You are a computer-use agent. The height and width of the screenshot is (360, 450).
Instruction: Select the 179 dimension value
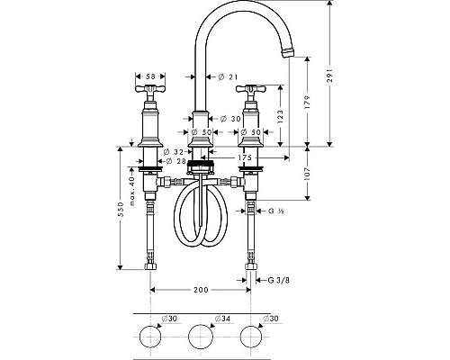tap(307, 102)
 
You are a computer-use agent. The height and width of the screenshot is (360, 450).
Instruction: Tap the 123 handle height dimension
tap(280, 116)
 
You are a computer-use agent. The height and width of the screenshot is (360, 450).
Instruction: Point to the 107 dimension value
tap(307, 174)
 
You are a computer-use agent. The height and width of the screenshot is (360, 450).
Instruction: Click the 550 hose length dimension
tap(121, 209)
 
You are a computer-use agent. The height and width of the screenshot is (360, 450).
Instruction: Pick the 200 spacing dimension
tap(201, 290)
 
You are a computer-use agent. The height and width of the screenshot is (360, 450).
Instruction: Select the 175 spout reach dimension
tap(245, 157)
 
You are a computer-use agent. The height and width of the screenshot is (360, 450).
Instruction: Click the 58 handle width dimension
tap(150, 76)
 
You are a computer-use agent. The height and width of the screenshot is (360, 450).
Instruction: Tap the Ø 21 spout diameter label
tap(228, 77)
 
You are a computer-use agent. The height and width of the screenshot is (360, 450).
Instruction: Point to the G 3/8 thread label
tap(279, 280)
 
